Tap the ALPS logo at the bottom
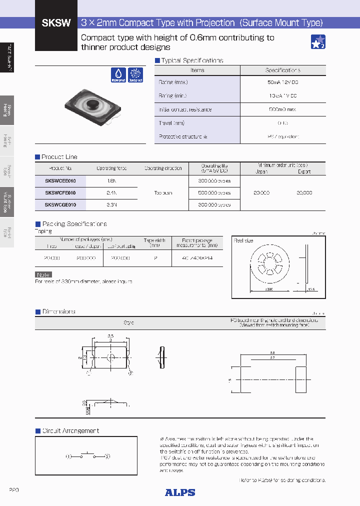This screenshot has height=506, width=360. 180,492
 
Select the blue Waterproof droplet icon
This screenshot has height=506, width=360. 118,74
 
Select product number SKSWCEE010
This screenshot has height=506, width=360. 60,180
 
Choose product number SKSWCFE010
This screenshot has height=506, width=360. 60,192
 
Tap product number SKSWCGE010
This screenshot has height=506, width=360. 60,204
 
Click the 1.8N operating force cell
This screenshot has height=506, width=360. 112,180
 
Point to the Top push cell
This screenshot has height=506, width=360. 163,192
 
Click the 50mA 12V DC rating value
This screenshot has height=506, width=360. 282,82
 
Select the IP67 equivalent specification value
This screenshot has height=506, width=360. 282,136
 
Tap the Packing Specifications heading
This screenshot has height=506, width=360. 74,224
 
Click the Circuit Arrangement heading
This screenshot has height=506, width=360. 70,431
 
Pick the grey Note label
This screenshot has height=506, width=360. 43,274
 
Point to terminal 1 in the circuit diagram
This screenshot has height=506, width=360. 68,456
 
